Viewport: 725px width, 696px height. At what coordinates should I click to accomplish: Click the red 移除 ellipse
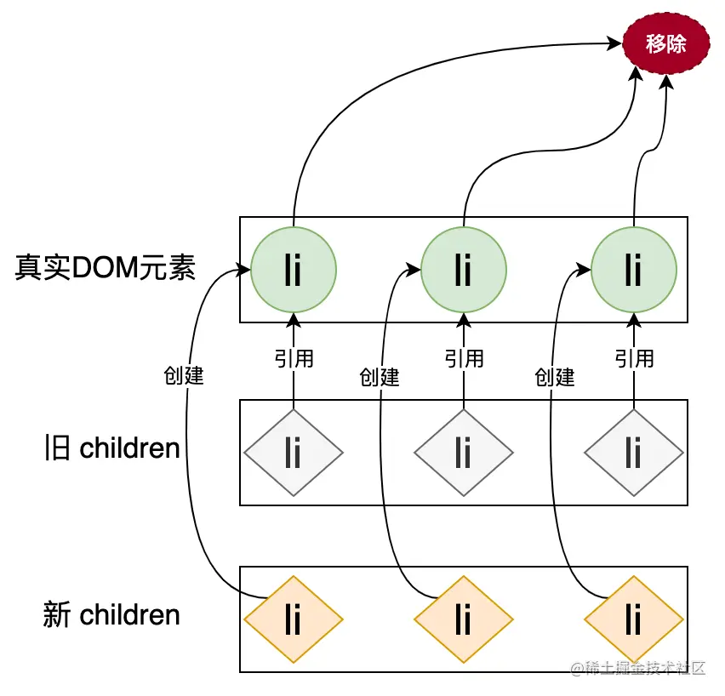click(x=665, y=44)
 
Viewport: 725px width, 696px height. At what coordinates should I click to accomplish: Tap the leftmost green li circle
click(x=294, y=270)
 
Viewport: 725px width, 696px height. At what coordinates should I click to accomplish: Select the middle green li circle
click(x=464, y=270)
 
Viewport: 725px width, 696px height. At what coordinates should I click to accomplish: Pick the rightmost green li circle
click(x=634, y=270)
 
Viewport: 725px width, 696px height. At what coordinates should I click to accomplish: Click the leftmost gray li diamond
click(x=294, y=452)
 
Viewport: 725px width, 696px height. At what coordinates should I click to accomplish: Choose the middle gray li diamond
click(x=464, y=452)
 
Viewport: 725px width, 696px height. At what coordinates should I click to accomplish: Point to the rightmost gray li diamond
click(x=634, y=452)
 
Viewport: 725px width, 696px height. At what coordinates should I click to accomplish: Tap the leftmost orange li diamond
click(x=294, y=619)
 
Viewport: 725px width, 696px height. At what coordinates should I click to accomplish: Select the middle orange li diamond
click(x=464, y=619)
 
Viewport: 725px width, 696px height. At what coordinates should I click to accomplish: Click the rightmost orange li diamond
click(x=634, y=619)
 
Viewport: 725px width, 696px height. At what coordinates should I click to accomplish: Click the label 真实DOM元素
click(x=106, y=269)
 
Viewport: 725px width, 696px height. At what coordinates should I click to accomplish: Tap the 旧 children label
click(x=111, y=448)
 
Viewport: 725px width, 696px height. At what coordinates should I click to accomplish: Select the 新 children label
click(x=111, y=615)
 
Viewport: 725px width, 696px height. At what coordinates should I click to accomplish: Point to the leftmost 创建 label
click(x=184, y=375)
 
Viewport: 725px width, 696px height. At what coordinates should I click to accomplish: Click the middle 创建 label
click(x=380, y=377)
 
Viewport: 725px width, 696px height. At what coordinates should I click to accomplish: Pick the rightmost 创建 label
click(x=555, y=377)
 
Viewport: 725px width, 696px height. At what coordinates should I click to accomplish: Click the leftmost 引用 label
click(x=294, y=358)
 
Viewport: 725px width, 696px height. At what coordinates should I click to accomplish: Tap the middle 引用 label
click(x=464, y=358)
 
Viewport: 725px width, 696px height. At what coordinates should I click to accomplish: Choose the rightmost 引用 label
click(x=634, y=358)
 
